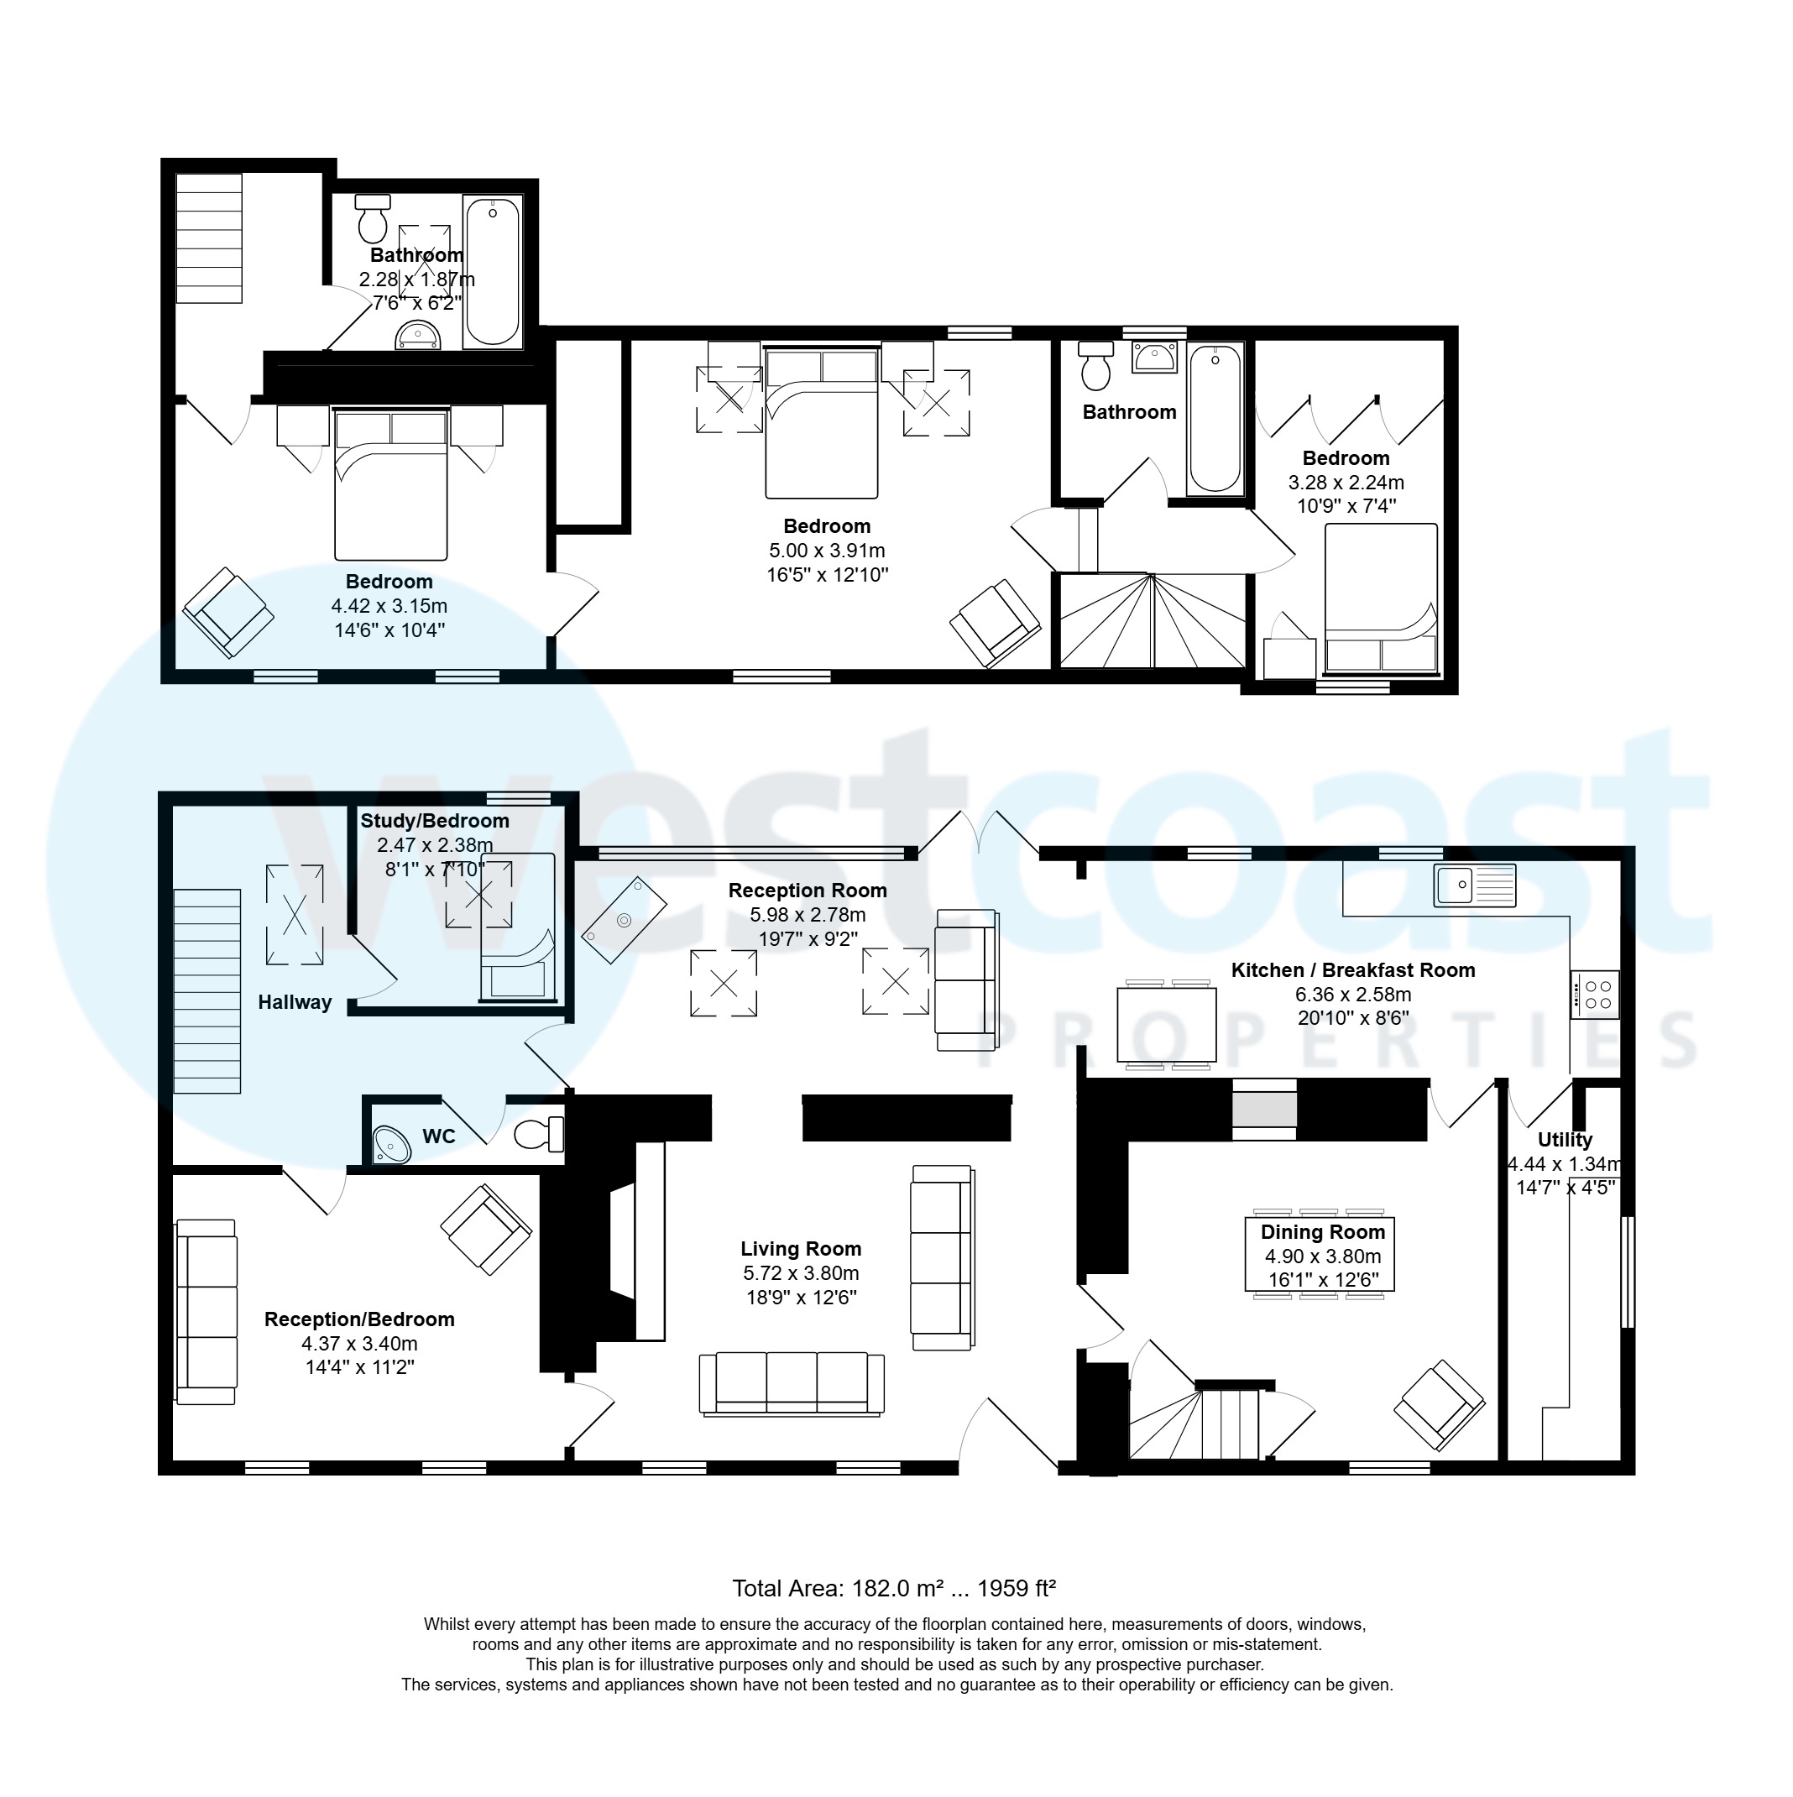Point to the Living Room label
coord(800,1249)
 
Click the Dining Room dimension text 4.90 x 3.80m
coord(1322,1256)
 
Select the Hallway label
coord(294,1003)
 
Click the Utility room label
coord(1564,1141)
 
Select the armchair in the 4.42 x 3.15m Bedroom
coord(228,612)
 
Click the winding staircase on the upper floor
coord(1153,620)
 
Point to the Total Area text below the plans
coord(893,1589)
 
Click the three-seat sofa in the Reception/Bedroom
coord(206,1313)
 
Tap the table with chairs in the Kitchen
coord(1166,1025)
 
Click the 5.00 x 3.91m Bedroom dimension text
coord(826,551)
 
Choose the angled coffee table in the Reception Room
coord(625,920)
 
